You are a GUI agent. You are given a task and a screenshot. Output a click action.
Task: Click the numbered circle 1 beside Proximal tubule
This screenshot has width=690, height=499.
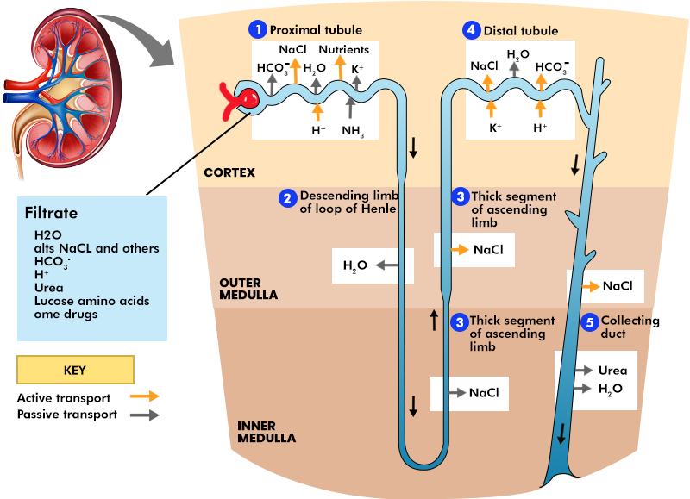(x=257, y=30)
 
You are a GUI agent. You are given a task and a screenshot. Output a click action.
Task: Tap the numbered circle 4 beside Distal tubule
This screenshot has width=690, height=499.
(x=470, y=30)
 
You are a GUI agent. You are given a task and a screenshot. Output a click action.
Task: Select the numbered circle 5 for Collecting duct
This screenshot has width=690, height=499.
(x=590, y=322)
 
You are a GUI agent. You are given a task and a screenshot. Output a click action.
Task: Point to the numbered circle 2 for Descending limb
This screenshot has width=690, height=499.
(x=287, y=198)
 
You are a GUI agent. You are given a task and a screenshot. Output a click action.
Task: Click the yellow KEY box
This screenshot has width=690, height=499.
(x=75, y=370)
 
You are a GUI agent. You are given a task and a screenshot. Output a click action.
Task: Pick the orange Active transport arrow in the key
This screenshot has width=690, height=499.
(x=143, y=396)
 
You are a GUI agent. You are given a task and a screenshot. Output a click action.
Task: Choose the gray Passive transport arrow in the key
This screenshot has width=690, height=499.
(x=143, y=415)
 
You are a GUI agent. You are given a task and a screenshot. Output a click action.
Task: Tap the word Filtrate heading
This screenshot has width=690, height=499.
(x=51, y=212)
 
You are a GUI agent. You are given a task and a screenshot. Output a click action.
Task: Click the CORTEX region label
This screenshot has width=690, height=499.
(x=229, y=172)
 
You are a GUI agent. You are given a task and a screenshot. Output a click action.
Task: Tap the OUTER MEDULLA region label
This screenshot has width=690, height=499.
(x=248, y=288)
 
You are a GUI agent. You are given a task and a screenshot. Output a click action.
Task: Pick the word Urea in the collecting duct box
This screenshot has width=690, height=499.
(x=612, y=371)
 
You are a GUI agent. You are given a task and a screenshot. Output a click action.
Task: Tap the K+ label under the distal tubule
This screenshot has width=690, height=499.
(x=495, y=127)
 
